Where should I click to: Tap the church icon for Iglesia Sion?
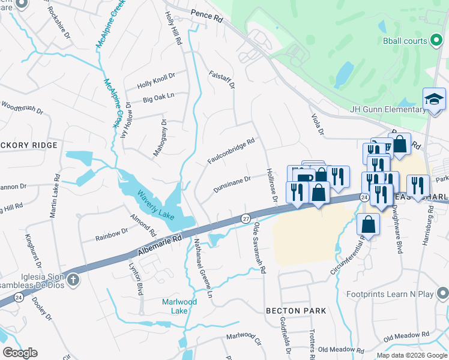[x=73, y=279]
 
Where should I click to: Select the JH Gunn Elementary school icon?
[x=434, y=100]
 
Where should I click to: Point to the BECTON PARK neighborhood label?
[x=296, y=311]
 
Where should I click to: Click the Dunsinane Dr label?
[x=232, y=185]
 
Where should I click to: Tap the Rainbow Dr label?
[x=112, y=234]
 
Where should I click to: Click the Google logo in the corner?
[x=20, y=353]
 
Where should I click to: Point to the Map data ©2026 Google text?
[x=411, y=355]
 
